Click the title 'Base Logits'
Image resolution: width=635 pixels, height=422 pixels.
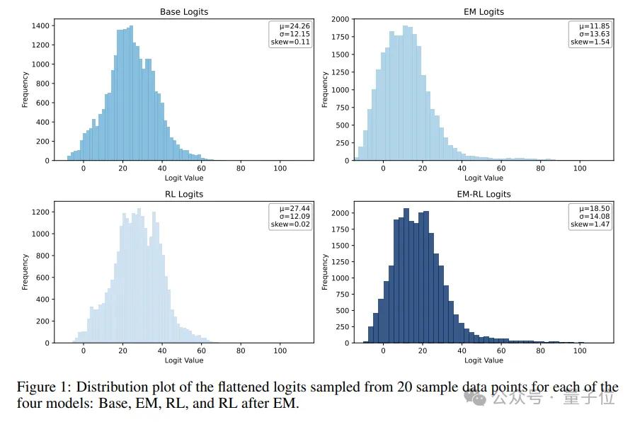pos(184,11)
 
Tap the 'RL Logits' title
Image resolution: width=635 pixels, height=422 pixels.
pos(184,194)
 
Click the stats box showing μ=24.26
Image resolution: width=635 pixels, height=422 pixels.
pos(290,34)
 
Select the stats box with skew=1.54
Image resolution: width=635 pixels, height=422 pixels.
pos(590,34)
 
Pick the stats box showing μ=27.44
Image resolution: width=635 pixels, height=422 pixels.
pos(290,216)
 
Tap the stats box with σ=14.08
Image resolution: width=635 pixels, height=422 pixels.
pos(590,216)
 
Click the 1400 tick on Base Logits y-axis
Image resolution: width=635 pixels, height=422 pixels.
pos(40,25)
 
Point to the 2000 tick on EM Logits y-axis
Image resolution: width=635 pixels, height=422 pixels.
pos(340,19)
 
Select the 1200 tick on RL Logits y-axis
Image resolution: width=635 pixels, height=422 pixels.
pos(40,212)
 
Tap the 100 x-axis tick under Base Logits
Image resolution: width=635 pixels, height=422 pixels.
pos(280,169)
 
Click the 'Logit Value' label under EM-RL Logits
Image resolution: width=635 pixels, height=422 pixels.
pos(484,360)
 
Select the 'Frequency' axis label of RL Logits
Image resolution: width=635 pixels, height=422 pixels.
pos(25,273)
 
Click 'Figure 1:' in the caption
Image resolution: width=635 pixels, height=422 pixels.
pos(45,387)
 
